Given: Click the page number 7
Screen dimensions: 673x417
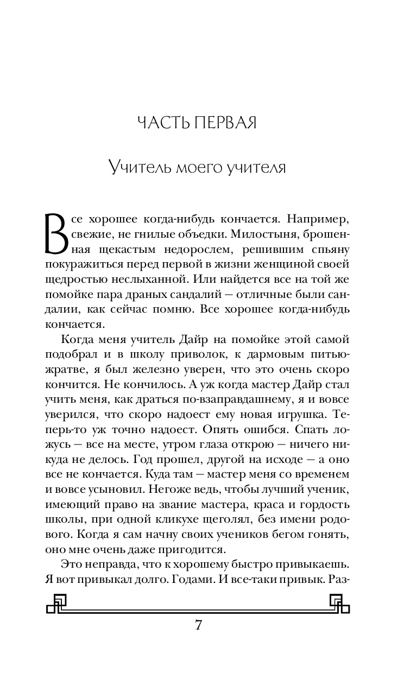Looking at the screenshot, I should tap(199, 625).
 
